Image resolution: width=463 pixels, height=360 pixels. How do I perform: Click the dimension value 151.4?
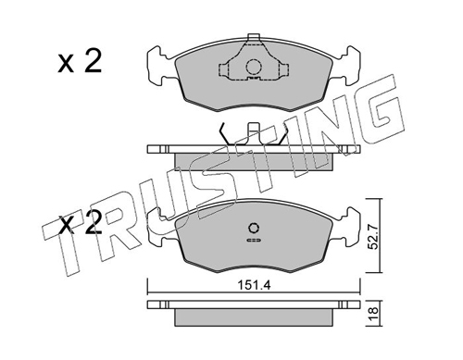(x=254, y=285)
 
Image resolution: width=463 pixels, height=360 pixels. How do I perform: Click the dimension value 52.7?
(x=374, y=237)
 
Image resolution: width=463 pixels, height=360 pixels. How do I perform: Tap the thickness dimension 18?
(x=374, y=314)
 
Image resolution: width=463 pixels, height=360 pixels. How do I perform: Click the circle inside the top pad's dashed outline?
(x=254, y=67)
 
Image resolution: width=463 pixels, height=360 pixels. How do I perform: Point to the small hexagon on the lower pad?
(x=254, y=229)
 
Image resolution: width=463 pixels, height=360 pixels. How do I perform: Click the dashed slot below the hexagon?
(x=254, y=240)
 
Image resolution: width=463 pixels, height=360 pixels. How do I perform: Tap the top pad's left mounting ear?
(x=160, y=66)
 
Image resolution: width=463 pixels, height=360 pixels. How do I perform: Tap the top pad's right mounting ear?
(x=346, y=66)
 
